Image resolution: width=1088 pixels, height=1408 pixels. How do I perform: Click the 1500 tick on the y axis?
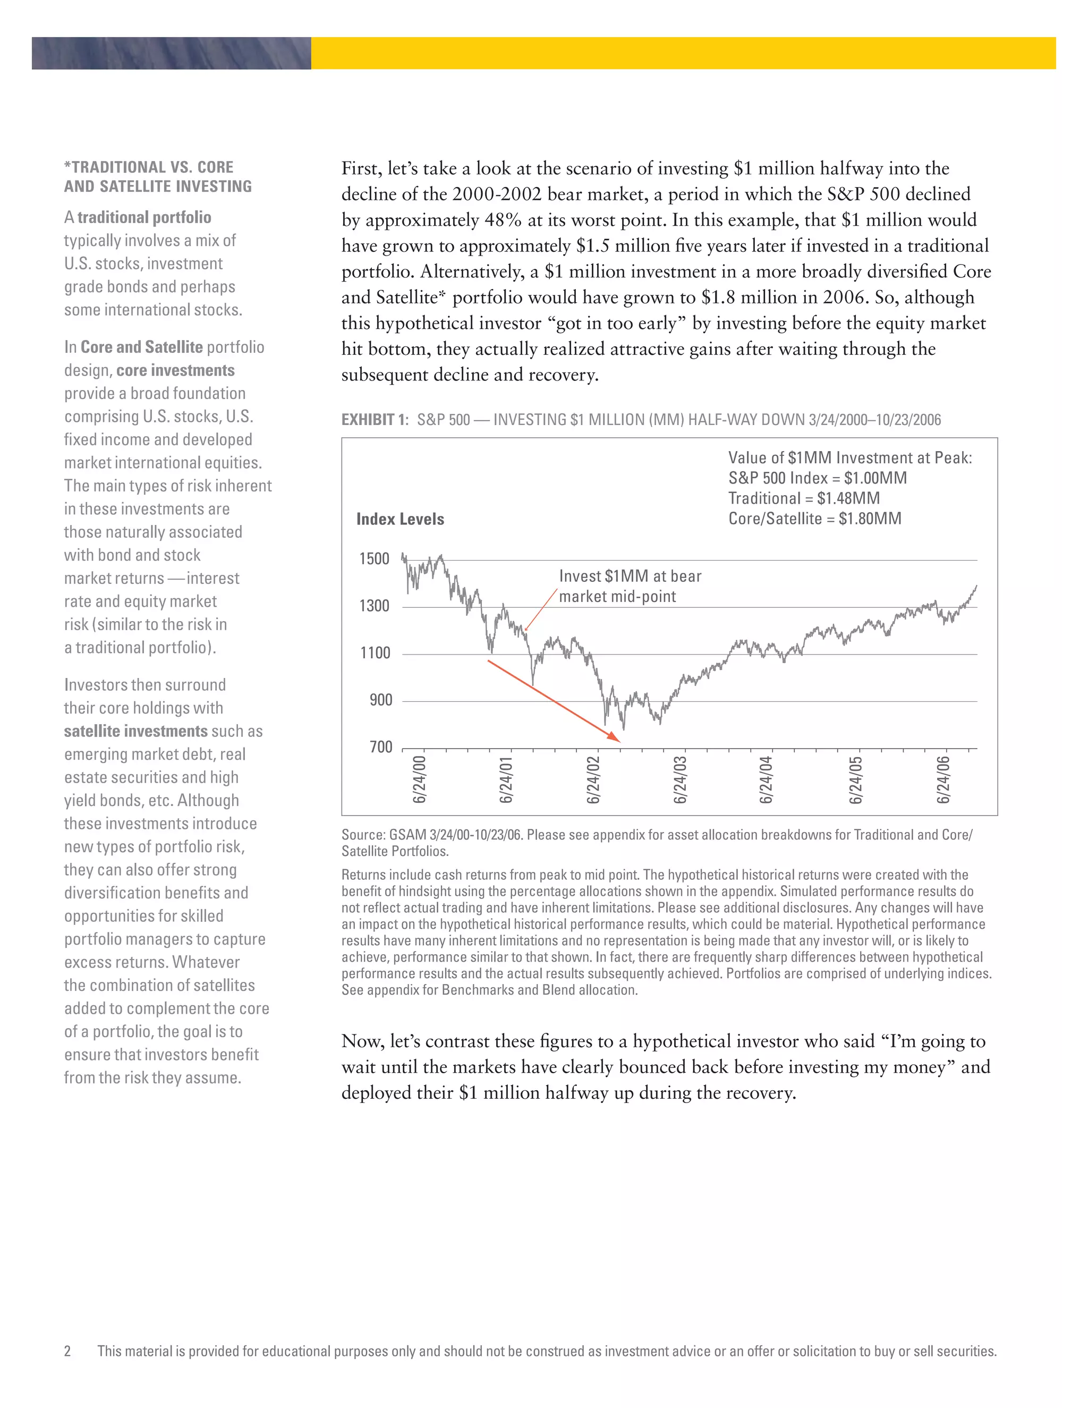pyautogui.click(x=374, y=559)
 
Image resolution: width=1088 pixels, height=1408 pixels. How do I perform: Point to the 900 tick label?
pyautogui.click(x=380, y=700)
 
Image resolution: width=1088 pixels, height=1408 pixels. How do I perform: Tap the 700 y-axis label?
pyautogui.click(x=380, y=747)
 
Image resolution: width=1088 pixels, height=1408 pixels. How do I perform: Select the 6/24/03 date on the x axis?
pyautogui.click(x=680, y=781)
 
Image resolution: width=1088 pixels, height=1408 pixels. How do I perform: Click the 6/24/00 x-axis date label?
pyautogui.click(x=419, y=781)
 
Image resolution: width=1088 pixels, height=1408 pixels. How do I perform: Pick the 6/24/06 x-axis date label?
pyautogui.click(x=943, y=781)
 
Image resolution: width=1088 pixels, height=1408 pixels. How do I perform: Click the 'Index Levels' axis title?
pyautogui.click(x=399, y=519)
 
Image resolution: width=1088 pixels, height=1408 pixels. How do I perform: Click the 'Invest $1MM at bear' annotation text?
pyautogui.click(x=630, y=576)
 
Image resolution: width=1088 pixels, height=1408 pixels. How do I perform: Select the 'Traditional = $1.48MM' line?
pyautogui.click(x=804, y=498)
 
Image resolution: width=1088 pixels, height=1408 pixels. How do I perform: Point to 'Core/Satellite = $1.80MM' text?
pyautogui.click(x=815, y=519)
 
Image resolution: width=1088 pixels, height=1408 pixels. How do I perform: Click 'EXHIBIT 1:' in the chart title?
pyautogui.click(x=375, y=420)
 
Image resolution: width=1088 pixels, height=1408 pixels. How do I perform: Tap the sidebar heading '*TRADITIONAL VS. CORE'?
pyautogui.click(x=149, y=167)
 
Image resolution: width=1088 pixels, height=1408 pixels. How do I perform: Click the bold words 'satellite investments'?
pyautogui.click(x=135, y=731)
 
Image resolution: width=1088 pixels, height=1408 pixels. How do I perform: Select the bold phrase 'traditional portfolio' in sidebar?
pyautogui.click(x=144, y=217)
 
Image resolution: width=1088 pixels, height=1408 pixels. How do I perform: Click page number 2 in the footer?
pyautogui.click(x=67, y=1351)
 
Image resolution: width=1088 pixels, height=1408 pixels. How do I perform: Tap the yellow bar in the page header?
pyautogui.click(x=683, y=53)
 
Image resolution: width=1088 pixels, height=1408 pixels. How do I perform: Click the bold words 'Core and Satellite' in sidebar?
pyautogui.click(x=142, y=347)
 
